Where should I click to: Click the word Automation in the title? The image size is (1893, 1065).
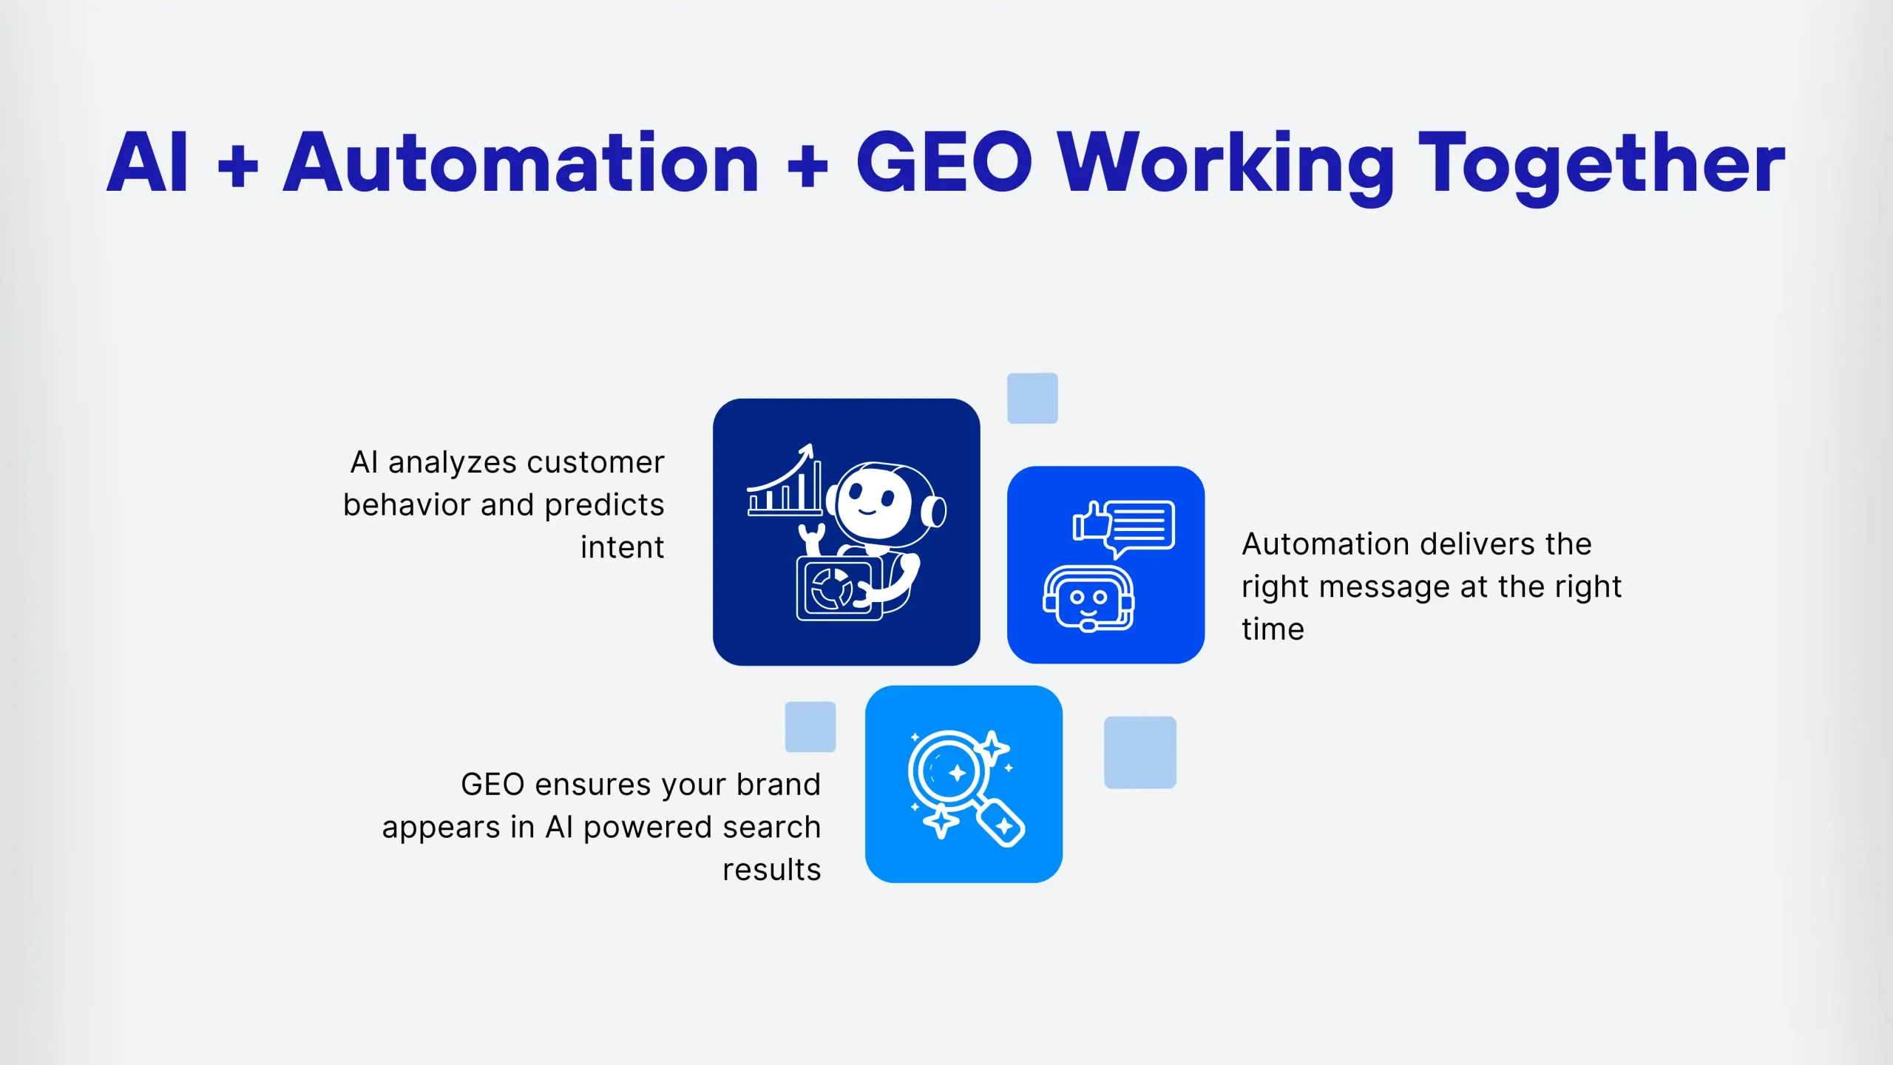pos(521,163)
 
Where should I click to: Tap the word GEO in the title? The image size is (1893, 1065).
pos(944,162)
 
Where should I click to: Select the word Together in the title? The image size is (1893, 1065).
pos(1601,166)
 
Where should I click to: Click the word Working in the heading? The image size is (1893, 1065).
pos(1226,166)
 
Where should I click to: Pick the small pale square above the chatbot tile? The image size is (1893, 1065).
pos(1032,399)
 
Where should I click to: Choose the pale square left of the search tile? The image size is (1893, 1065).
pos(810,727)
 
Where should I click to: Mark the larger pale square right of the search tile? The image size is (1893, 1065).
pos(1140,752)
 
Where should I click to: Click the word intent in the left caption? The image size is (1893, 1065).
pos(623,547)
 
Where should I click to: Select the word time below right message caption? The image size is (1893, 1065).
pos(1273,629)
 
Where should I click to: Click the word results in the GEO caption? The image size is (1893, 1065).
pos(772,870)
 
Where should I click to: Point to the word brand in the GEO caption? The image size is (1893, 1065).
pos(779,784)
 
